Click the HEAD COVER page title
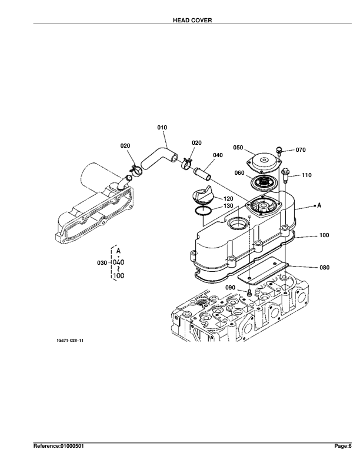pos(192,20)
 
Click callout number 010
pos(162,127)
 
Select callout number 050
pos(238,148)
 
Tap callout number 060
pos(239,173)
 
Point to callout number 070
pos(301,150)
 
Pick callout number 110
pos(306,175)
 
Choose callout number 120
pos(228,198)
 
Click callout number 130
pos(228,206)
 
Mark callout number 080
pos(324,267)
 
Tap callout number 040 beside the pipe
pos(218,155)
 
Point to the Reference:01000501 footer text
pos(58,447)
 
